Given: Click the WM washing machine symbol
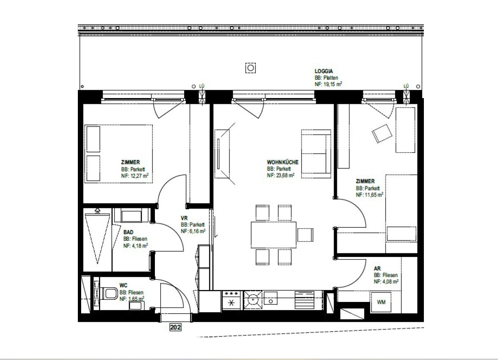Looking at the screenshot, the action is [381, 302].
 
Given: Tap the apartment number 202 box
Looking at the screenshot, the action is [175, 327].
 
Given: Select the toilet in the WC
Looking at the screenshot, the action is [109, 294].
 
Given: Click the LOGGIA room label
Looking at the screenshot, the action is [324, 71].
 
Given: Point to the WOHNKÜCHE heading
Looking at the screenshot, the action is [283, 162].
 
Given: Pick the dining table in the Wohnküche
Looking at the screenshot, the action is [274, 235].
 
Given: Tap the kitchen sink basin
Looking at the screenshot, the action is [271, 298].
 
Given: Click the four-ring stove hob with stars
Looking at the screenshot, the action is [231, 300].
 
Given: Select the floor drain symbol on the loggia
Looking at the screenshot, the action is [250, 68].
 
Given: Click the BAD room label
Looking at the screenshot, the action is [128, 232].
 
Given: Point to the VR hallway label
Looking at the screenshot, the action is [184, 218].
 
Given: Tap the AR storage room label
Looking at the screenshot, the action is [377, 269].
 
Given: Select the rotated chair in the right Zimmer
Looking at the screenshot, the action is [382, 133].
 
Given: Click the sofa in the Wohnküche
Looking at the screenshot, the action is [316, 154].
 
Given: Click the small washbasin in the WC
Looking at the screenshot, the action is [136, 306].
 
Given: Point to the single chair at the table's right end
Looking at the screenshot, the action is [305, 235].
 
